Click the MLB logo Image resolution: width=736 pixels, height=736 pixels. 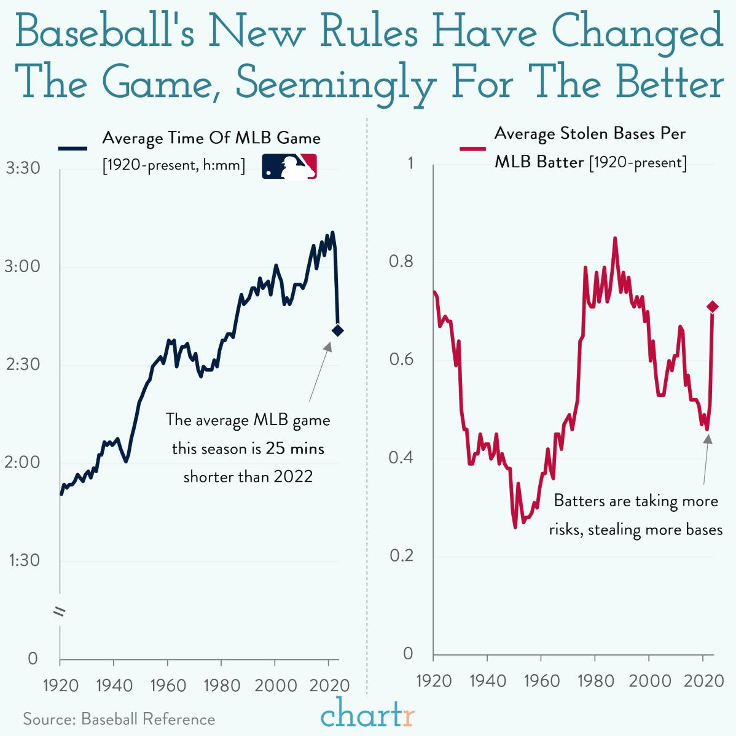click(289, 166)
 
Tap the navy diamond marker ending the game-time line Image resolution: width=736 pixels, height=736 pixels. click(337, 331)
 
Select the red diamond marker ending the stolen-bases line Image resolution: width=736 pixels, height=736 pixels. click(712, 307)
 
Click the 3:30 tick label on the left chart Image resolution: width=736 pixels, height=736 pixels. click(23, 168)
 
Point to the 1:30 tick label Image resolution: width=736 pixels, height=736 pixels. click(23, 560)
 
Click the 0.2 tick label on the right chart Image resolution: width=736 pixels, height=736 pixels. click(401, 556)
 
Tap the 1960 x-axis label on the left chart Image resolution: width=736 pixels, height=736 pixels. click(168, 685)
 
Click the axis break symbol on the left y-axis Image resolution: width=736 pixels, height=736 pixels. click(60, 611)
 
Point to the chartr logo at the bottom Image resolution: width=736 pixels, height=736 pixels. click(367, 714)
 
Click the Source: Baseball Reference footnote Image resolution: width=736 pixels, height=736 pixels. click(119, 719)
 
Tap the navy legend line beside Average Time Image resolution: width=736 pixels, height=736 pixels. click(73, 148)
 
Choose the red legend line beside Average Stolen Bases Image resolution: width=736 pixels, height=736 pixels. click(472, 148)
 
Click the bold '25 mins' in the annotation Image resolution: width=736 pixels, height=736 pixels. click(295, 448)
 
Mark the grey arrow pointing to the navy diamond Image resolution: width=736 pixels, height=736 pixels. click(319, 371)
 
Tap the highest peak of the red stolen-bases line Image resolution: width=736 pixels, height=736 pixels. click(614, 239)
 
